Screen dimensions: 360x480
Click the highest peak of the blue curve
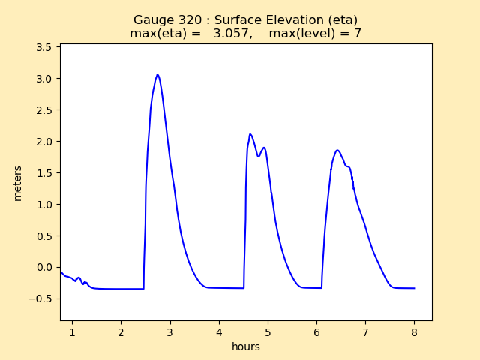pos(157,74)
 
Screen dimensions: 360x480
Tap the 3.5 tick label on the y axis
pos(44,47)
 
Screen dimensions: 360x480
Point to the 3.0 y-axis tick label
pos(44,79)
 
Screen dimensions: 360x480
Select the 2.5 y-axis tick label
pos(44,110)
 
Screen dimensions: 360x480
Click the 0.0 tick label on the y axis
pos(44,267)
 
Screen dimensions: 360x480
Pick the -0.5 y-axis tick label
pos(41,298)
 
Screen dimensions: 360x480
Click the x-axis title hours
pos(246,346)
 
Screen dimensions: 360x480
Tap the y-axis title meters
pos(17,183)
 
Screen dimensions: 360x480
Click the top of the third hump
pos(337,150)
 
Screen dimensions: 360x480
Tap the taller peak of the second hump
pos(250,134)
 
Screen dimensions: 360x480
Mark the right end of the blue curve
pos(414,288)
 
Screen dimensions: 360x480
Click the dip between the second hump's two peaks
pos(259,157)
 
